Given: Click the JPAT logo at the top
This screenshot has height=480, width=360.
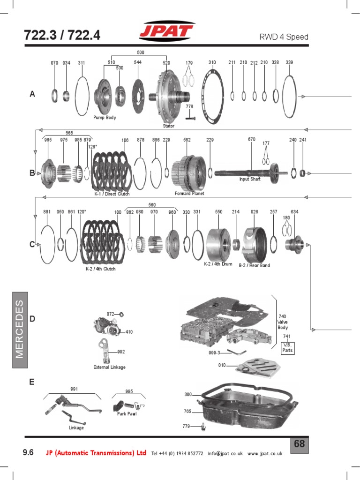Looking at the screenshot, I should [166, 33].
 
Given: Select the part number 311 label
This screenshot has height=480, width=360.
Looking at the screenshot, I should [82, 62].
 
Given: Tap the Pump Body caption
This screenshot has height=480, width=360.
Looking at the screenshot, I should [105, 118].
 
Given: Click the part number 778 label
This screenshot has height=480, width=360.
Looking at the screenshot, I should [189, 107].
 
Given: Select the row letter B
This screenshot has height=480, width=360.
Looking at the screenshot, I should [32, 173].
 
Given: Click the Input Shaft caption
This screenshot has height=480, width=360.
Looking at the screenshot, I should [250, 179].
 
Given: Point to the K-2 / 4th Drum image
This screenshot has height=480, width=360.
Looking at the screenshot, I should [219, 244].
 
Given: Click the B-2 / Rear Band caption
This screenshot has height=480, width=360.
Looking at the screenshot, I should [255, 265].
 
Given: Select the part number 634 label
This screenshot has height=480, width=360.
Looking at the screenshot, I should [294, 212].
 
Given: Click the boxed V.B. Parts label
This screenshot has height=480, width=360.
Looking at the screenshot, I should [287, 347].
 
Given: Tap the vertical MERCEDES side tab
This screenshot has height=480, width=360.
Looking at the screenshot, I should [19, 328].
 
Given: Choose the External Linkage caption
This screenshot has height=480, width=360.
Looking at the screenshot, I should [109, 367].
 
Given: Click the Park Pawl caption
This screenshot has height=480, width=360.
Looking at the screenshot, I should [127, 414].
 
